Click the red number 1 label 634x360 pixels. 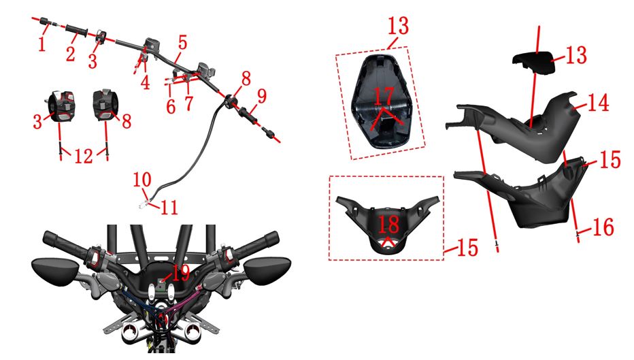click(x=42, y=44)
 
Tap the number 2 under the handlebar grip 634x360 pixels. click(x=71, y=53)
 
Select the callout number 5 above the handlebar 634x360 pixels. click(x=182, y=42)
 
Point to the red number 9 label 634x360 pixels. click(x=262, y=96)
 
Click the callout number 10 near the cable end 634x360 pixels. click(x=142, y=179)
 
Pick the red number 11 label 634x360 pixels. click(x=169, y=208)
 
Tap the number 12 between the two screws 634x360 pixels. click(x=84, y=156)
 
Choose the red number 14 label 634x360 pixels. click(x=598, y=103)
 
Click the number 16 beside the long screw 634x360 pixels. click(x=603, y=227)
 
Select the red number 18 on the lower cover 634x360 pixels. click(x=388, y=225)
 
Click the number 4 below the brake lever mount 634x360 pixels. click(x=145, y=82)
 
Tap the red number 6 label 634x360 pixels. click(x=171, y=106)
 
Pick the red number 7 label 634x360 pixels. click(x=189, y=103)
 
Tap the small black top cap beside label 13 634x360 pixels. click(x=534, y=63)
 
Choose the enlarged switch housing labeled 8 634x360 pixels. click(x=105, y=105)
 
